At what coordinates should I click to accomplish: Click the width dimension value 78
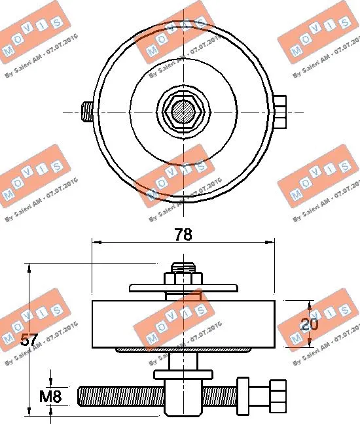point(184,234)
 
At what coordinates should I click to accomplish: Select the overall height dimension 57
point(29,339)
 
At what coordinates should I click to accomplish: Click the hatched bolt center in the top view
point(183,112)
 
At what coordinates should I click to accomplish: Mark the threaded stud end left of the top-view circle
point(86,112)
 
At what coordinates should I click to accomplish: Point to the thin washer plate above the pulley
point(183,287)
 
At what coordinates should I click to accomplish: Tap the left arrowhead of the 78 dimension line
point(96,242)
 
